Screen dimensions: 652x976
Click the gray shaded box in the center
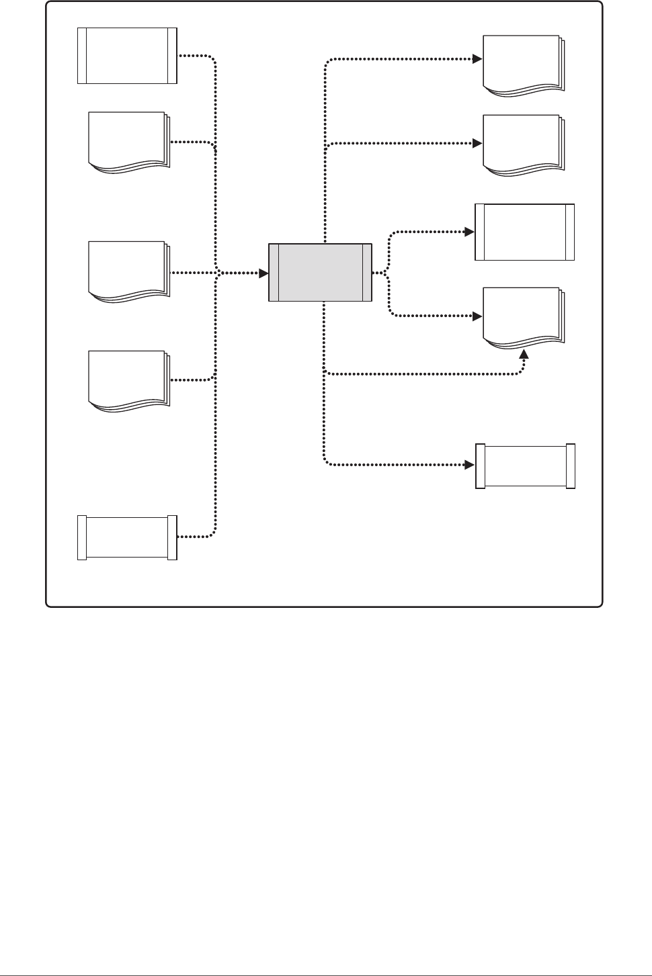coord(320,272)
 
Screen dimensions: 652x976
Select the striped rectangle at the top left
coord(127,55)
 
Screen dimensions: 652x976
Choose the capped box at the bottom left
coord(127,537)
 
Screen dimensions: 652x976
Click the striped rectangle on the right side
coord(524,232)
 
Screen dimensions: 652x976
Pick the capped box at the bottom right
coord(525,465)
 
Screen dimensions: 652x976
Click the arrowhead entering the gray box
coord(264,273)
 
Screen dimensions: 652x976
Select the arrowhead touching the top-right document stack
coord(477,58)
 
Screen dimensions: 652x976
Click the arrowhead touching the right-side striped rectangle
coord(470,232)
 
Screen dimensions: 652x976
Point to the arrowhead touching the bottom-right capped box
coord(470,464)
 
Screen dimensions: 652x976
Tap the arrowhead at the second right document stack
coord(477,144)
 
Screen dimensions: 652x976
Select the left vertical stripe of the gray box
coord(273,272)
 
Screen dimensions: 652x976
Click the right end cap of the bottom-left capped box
coord(172,537)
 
